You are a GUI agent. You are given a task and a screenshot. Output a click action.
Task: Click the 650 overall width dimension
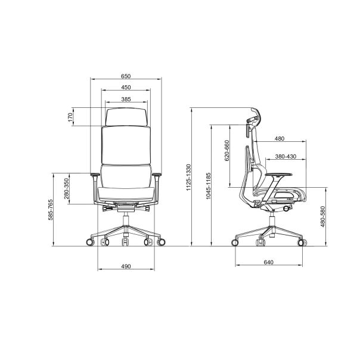pos(126,76)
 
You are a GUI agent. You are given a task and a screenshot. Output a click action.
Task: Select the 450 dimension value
pos(126,87)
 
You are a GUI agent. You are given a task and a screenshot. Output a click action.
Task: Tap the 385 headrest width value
pos(126,99)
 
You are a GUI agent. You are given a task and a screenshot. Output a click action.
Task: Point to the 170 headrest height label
pos(70,117)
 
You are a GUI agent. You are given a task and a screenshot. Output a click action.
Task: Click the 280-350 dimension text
pos(66,188)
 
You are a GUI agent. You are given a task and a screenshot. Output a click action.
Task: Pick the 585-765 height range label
pos(50,210)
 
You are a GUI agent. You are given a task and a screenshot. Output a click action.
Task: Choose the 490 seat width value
pos(126,266)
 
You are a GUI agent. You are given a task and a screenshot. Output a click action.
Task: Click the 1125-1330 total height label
pos(188,177)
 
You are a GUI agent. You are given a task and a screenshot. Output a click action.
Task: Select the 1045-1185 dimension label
pos(208,186)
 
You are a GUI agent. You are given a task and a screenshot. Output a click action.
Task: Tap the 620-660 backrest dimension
pos(227,150)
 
